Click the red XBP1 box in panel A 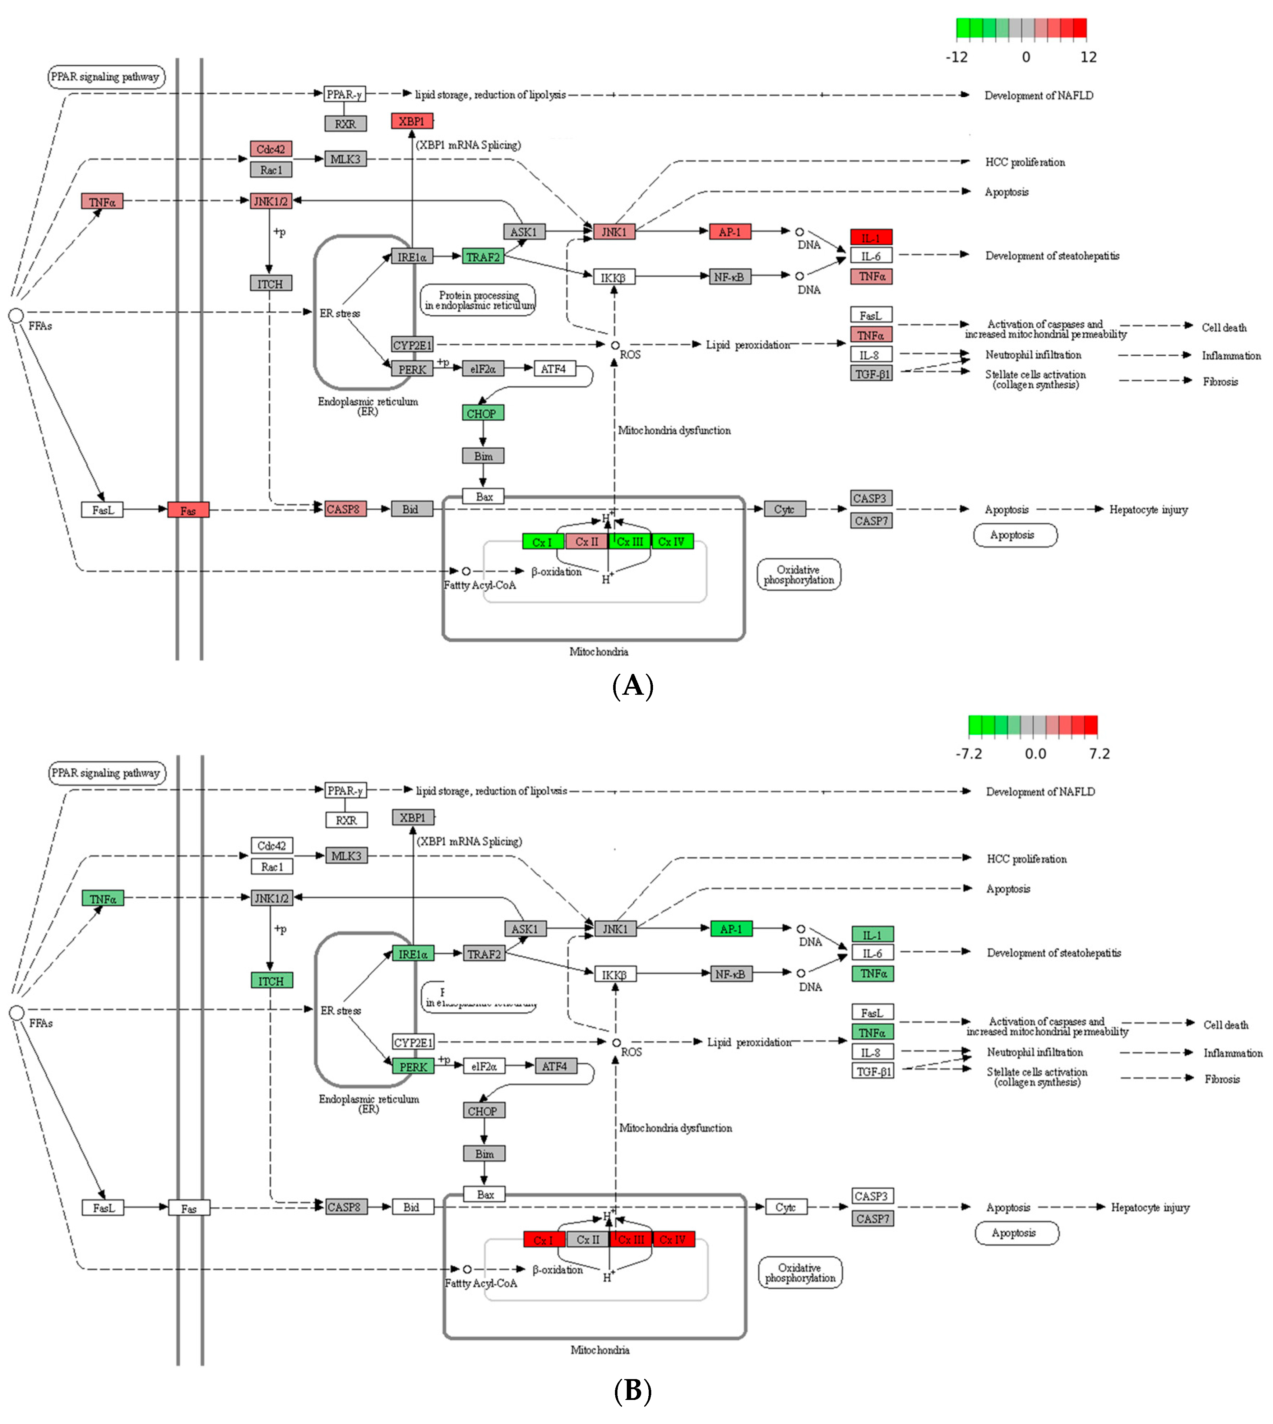412,121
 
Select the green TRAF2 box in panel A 483,257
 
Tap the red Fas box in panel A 188,510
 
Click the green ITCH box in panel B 272,981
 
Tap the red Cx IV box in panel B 673,1239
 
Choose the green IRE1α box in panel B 413,953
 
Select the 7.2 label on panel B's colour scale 1099,753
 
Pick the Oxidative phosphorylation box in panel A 799,574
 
